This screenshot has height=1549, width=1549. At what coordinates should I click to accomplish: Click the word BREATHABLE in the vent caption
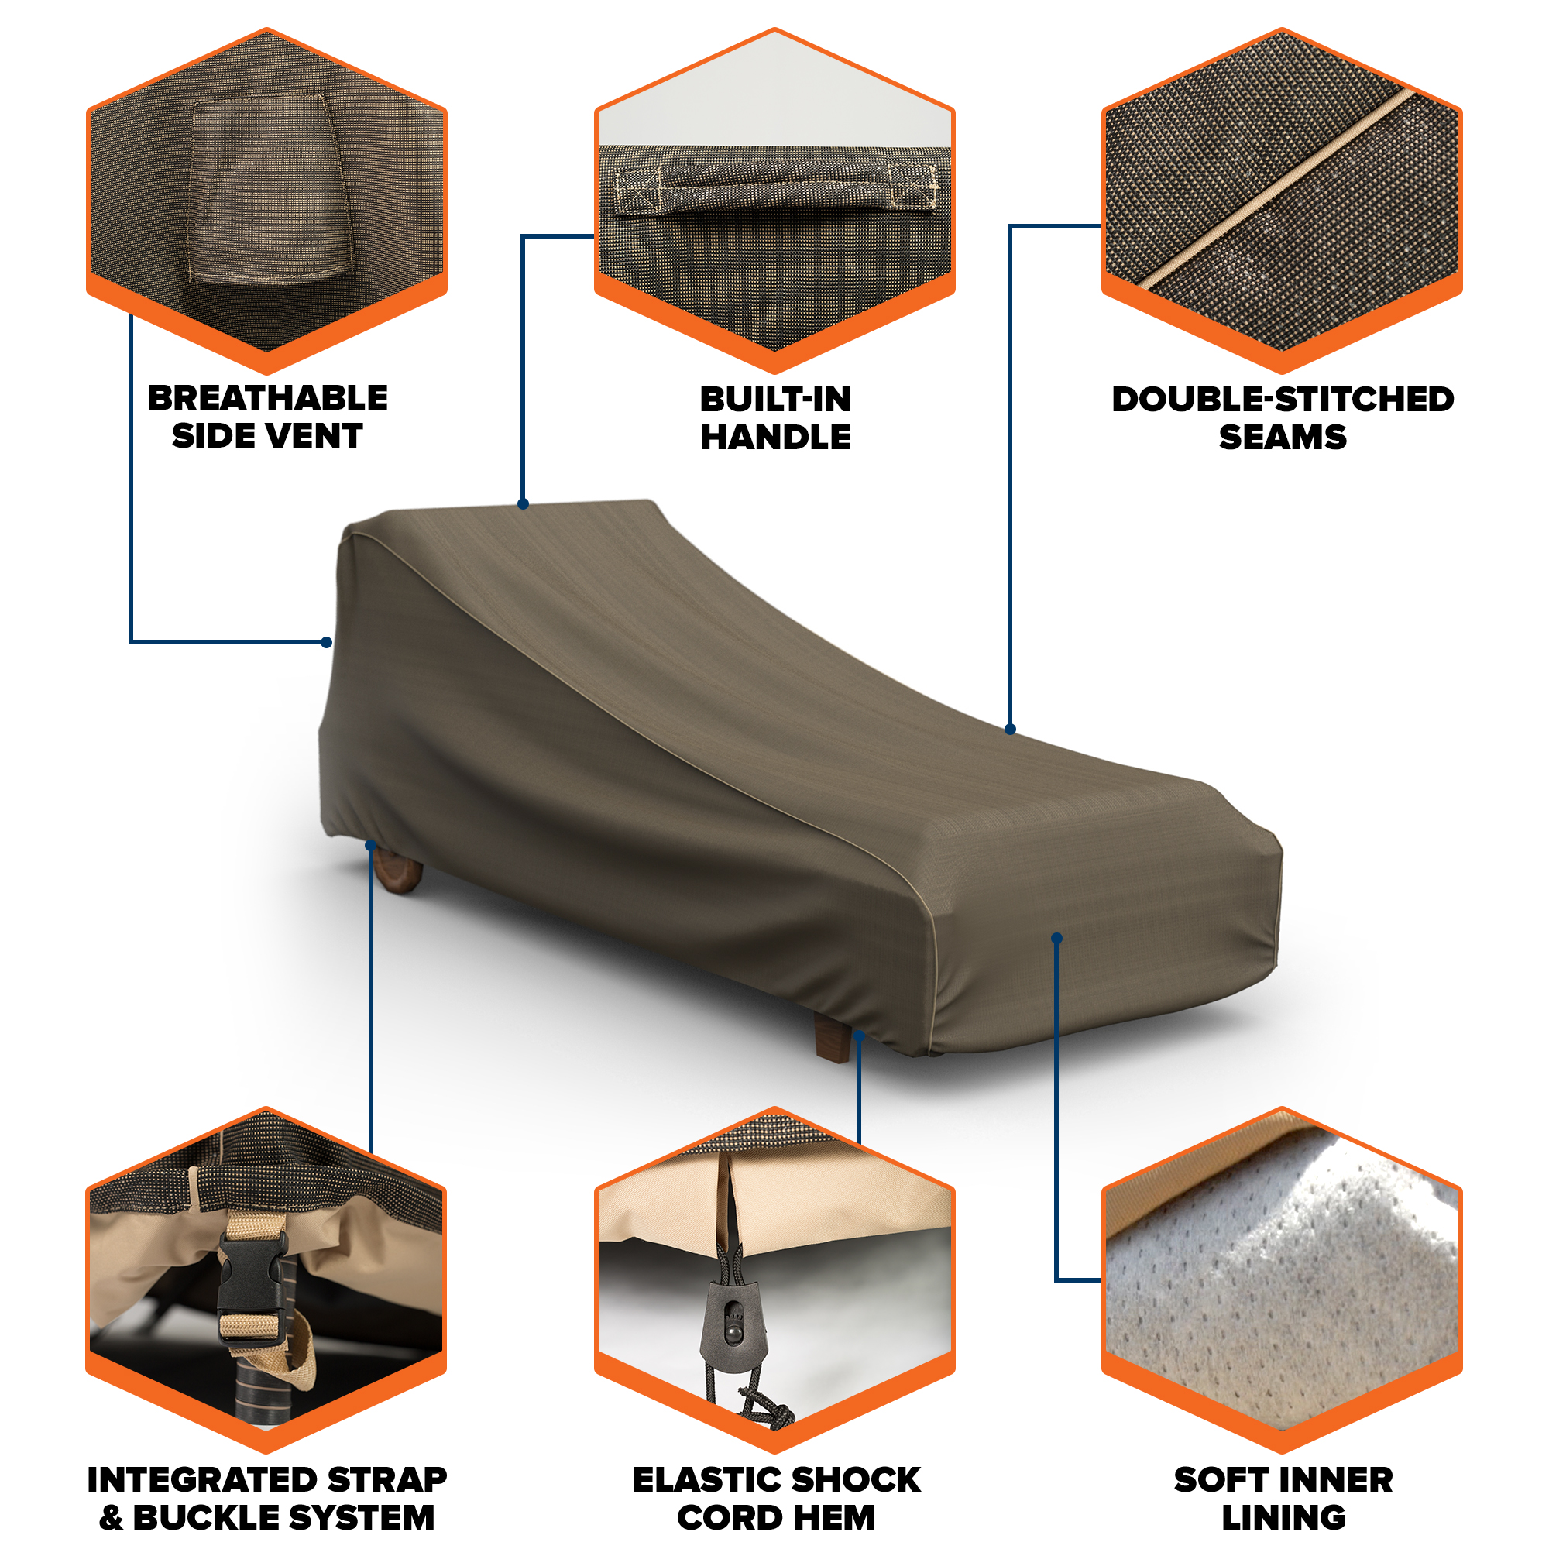(267, 397)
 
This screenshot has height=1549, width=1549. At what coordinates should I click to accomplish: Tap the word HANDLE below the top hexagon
(775, 437)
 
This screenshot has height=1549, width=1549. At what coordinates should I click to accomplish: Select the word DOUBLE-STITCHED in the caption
(1282, 400)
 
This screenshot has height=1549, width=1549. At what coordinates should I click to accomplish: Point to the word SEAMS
(1282, 437)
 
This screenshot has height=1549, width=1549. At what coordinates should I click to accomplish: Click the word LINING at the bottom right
(1283, 1518)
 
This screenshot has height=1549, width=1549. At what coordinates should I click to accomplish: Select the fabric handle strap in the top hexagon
(775, 191)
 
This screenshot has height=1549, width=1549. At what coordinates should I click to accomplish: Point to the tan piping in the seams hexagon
(1279, 188)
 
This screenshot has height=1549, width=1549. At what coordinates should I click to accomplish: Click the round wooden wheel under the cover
(397, 870)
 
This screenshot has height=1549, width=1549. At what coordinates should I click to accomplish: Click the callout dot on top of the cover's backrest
(523, 504)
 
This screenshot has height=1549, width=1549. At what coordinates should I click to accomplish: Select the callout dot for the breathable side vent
(326, 642)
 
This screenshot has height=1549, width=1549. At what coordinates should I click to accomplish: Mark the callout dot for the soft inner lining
(1056, 938)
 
